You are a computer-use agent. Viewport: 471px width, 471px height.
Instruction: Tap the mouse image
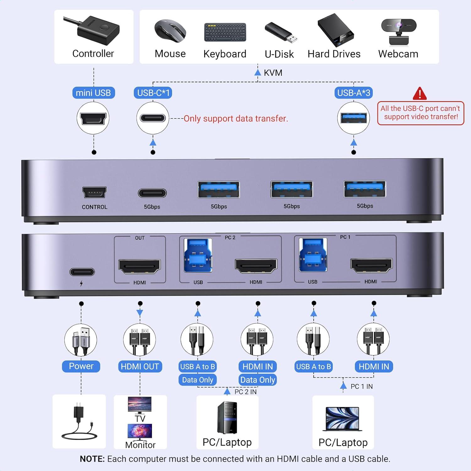click(x=170, y=31)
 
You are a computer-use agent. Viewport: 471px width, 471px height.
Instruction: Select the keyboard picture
click(x=225, y=32)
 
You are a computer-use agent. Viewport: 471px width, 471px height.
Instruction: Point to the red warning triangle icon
click(x=420, y=94)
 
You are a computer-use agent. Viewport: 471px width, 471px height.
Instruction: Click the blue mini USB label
click(x=93, y=93)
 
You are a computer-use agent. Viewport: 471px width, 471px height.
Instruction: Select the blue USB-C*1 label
click(x=153, y=93)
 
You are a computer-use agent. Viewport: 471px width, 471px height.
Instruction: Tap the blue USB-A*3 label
click(x=354, y=93)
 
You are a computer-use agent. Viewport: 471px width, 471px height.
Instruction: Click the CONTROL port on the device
click(x=95, y=192)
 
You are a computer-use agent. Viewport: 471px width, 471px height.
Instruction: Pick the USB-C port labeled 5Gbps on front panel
click(x=152, y=193)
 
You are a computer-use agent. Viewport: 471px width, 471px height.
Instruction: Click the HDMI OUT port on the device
click(x=139, y=266)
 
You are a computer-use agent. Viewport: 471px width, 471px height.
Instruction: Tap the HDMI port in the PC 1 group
click(x=371, y=265)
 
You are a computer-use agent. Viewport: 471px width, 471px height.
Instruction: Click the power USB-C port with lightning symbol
click(x=82, y=272)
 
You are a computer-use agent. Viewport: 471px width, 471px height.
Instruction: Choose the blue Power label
click(x=81, y=366)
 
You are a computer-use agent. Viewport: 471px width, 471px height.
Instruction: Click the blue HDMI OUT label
click(x=140, y=366)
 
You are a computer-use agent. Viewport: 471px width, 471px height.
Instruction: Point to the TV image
click(x=140, y=405)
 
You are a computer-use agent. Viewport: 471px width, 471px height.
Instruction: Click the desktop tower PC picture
click(x=227, y=418)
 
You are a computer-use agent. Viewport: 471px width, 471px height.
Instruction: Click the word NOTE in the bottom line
click(x=92, y=459)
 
